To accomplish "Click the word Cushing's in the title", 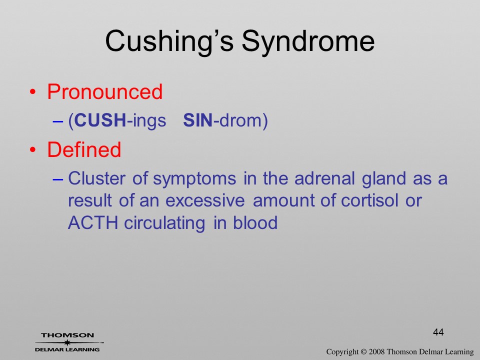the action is (x=169, y=41).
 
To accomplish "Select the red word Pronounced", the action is (x=104, y=91).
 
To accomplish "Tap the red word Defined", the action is (x=84, y=149).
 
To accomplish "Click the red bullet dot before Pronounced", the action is (x=33, y=92).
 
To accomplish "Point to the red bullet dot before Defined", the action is (x=33, y=149).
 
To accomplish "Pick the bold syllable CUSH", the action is (x=100, y=120).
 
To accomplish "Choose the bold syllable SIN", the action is (x=198, y=120).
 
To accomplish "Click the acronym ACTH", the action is (x=93, y=222).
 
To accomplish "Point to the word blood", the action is (x=255, y=222).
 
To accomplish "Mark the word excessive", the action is (x=205, y=201).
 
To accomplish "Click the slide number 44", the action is (x=438, y=332).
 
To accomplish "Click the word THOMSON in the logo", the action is (x=67, y=335).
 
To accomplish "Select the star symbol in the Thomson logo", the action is (x=67, y=342).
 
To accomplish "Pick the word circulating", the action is (x=164, y=223).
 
